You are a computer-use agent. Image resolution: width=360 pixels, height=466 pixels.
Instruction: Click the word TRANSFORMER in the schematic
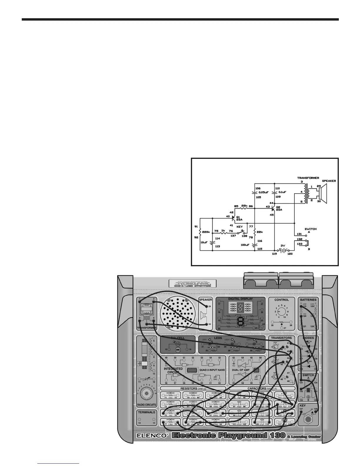click(x=308, y=178)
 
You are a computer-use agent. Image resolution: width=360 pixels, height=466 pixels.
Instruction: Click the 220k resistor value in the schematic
click(x=206, y=232)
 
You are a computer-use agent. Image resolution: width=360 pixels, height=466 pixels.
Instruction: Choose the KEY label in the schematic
click(x=240, y=227)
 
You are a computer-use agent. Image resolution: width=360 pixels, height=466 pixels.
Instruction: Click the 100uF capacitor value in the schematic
click(x=245, y=244)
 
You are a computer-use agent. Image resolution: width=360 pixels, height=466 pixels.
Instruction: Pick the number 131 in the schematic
click(x=299, y=234)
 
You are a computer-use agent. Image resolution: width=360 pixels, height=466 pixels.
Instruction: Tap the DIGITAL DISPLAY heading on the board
click(x=240, y=299)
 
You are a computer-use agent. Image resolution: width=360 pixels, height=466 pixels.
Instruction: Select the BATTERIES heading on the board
click(x=308, y=300)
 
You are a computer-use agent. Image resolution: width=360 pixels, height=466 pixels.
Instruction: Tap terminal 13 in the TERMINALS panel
click(x=139, y=423)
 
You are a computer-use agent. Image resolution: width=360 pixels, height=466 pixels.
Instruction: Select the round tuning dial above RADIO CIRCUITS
click(x=146, y=393)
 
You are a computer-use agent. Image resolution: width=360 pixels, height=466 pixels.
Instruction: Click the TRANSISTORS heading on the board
click(x=281, y=338)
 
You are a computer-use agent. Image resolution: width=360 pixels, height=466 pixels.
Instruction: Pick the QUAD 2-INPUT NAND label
click(x=212, y=370)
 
